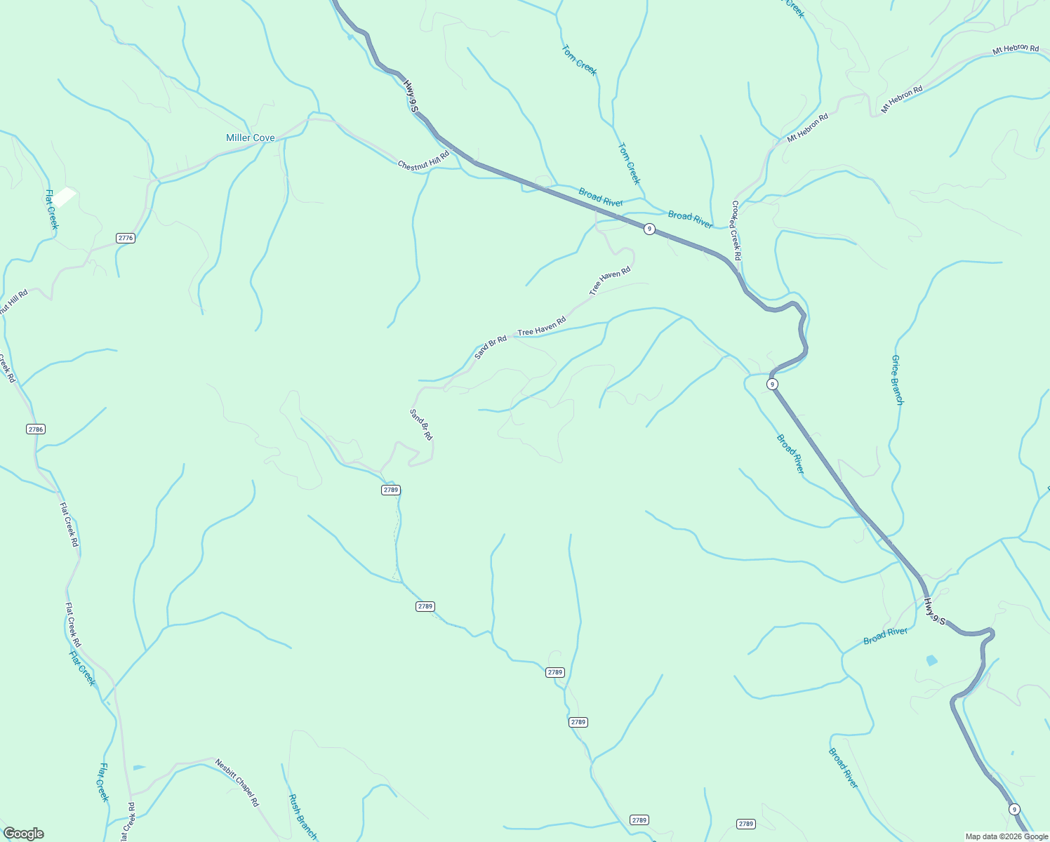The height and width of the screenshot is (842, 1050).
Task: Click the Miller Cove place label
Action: pos(250,138)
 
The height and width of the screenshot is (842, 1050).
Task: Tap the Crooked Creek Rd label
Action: pos(736,230)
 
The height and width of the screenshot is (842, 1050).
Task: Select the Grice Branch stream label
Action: pos(897,380)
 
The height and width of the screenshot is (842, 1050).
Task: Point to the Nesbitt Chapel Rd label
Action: pos(237,782)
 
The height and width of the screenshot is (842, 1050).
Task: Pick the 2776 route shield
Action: pos(126,238)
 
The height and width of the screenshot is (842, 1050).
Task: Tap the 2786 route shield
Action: pos(36,429)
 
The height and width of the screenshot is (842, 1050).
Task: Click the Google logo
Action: pos(23,834)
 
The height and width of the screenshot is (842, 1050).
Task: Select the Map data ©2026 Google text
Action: pos(1005,836)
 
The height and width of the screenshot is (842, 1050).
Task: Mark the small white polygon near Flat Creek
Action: pos(65,196)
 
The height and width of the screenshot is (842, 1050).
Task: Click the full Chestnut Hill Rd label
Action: pos(423,161)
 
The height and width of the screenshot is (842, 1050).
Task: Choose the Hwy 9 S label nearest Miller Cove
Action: pos(411,96)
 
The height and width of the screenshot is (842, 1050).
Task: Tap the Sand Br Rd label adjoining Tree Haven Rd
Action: pos(491,347)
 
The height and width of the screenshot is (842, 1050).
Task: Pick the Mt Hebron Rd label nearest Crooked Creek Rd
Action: pos(807,128)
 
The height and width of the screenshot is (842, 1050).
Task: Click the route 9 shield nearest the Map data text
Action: pos(1014,809)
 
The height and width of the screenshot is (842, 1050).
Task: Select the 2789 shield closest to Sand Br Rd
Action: pos(391,490)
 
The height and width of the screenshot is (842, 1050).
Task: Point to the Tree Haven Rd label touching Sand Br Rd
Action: pos(541,326)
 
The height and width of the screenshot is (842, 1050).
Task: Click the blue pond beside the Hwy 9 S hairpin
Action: pos(931,660)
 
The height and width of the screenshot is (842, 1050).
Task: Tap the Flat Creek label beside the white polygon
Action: pos(51,209)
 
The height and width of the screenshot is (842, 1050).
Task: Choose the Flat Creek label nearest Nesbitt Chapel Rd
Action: pos(104,782)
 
